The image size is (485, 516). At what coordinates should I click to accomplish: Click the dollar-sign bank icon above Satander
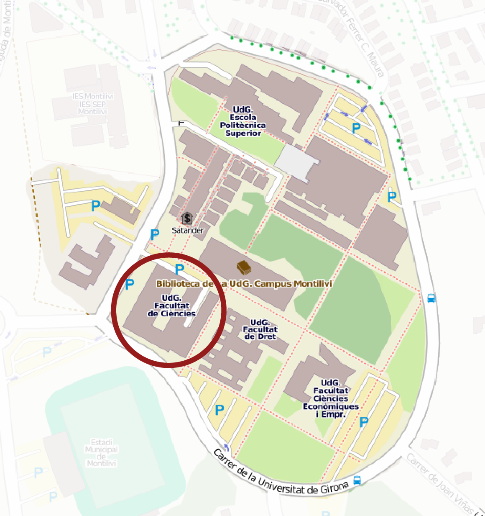tap(187, 218)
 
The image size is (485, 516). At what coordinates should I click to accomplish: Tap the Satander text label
tap(187, 230)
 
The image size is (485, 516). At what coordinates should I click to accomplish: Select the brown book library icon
tap(243, 267)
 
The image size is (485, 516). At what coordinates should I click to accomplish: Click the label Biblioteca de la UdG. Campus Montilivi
tap(244, 284)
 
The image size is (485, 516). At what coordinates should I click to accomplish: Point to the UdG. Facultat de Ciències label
tap(172, 305)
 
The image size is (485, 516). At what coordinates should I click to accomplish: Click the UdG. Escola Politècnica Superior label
tap(243, 121)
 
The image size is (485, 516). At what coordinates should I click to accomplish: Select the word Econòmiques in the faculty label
tap(330, 406)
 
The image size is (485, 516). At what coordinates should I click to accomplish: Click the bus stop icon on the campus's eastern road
tap(431, 298)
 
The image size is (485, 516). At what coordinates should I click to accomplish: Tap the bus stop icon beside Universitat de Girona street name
tap(357, 480)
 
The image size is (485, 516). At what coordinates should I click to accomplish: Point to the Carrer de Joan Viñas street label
tap(443, 483)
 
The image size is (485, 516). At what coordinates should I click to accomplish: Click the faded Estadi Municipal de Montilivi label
tap(101, 453)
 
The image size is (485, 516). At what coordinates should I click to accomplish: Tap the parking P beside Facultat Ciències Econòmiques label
tap(364, 423)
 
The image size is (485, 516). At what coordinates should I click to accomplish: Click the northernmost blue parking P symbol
tap(356, 128)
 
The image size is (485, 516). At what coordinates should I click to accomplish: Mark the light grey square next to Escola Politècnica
tap(296, 161)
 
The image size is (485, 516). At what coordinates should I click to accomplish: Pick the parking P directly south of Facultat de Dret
tap(219, 410)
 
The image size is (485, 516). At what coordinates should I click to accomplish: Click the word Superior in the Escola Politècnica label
tap(243, 133)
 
